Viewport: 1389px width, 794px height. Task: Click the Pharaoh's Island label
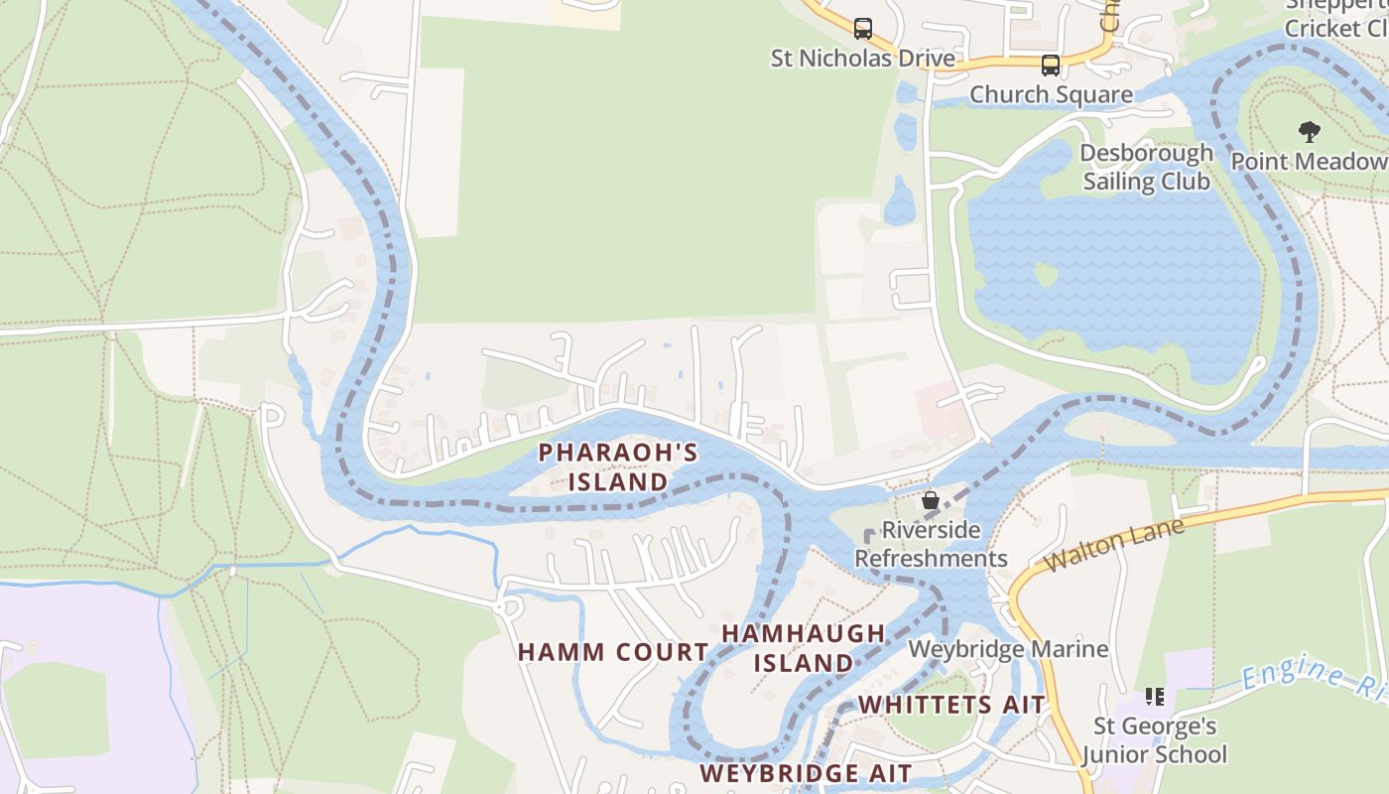(x=618, y=466)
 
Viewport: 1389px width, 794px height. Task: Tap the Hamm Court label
(x=613, y=652)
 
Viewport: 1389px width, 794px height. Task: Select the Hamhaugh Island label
(x=803, y=647)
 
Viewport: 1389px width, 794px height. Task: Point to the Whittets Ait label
(x=951, y=704)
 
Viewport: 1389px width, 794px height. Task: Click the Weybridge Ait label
(x=779, y=772)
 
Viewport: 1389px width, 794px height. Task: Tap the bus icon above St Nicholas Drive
(x=863, y=29)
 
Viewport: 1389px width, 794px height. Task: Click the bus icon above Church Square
(x=1050, y=66)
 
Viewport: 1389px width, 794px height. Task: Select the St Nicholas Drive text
(x=863, y=59)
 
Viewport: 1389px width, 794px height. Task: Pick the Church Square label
(x=1051, y=94)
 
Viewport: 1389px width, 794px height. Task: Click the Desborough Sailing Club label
(x=1146, y=167)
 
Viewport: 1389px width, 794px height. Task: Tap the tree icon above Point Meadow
(x=1309, y=131)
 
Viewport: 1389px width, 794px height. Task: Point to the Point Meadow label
(x=1309, y=161)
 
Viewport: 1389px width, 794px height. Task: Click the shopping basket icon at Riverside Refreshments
(x=931, y=500)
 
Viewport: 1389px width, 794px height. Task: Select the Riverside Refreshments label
(x=931, y=544)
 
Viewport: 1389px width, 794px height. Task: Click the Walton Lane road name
(x=1113, y=545)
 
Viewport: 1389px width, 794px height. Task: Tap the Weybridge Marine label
(x=1008, y=649)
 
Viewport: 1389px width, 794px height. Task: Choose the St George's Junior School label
(x=1154, y=740)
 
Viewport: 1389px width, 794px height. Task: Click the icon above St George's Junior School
(x=1154, y=697)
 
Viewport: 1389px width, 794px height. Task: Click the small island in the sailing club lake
(x=1045, y=275)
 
